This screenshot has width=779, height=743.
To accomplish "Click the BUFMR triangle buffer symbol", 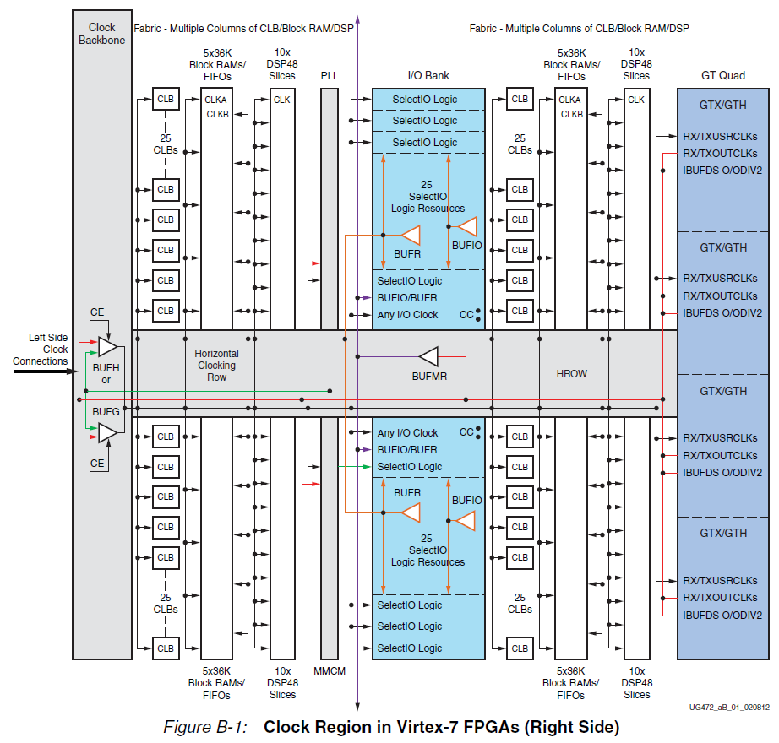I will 429,356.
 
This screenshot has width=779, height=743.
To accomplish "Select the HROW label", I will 571,373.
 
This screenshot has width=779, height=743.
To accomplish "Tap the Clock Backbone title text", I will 101,34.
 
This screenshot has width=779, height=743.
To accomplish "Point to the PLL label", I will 330,76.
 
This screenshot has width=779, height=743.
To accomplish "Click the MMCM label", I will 330,671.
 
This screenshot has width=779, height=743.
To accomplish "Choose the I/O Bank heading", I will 428,76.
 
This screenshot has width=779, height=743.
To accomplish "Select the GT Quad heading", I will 723,76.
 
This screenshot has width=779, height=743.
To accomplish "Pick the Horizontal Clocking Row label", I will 216,366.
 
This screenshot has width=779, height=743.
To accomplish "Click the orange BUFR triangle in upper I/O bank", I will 411,235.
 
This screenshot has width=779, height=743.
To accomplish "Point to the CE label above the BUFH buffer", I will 97,313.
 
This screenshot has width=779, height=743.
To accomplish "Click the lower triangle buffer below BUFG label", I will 107,433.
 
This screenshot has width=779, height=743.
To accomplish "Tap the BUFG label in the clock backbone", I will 106,410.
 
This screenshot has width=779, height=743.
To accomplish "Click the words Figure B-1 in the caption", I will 204,727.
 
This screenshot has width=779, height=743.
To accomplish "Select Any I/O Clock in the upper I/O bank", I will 407,315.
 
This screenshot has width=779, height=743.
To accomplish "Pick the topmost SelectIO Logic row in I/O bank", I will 425,100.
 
